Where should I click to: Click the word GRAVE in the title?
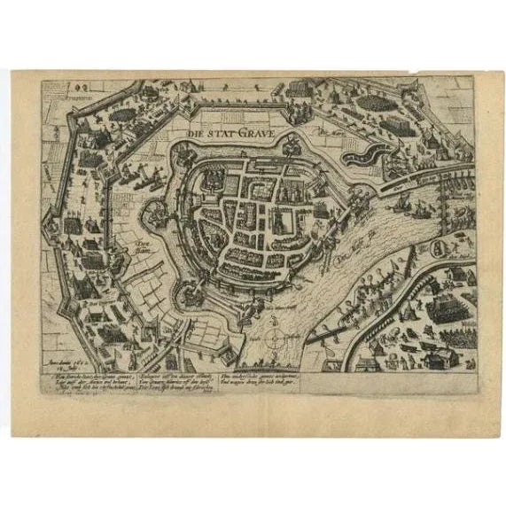(259, 135)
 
